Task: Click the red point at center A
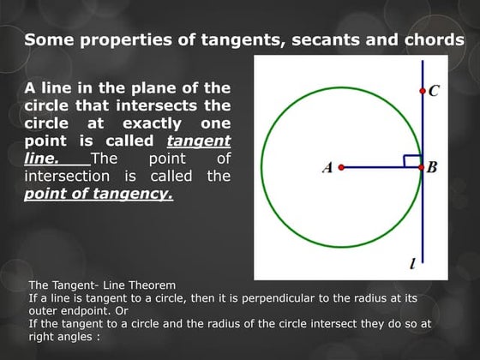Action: click(x=341, y=167)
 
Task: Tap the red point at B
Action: click(x=422, y=167)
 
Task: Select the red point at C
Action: click(x=422, y=90)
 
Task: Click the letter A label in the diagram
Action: click(x=327, y=168)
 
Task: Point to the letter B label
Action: click(x=432, y=168)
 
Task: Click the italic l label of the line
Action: click(x=413, y=264)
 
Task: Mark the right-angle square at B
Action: click(x=412, y=160)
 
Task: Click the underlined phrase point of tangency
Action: click(x=98, y=194)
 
